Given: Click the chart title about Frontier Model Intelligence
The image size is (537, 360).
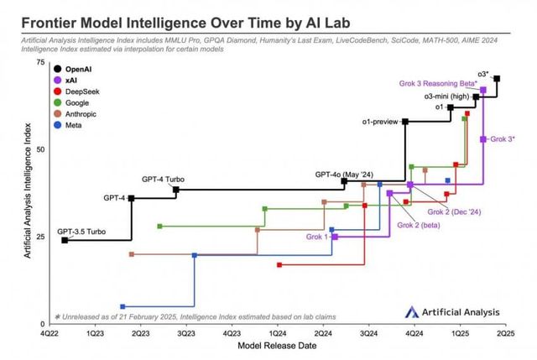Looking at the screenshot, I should [185, 18].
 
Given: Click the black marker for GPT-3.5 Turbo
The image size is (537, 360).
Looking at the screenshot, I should [65, 240].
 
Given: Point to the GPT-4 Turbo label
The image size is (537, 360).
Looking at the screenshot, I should [163, 180].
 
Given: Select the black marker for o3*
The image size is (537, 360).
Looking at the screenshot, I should [497, 79].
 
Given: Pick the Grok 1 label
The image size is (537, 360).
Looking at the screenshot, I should [317, 237].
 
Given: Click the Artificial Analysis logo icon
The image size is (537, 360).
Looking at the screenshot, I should [412, 311].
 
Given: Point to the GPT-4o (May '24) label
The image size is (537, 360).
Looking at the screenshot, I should [343, 174].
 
